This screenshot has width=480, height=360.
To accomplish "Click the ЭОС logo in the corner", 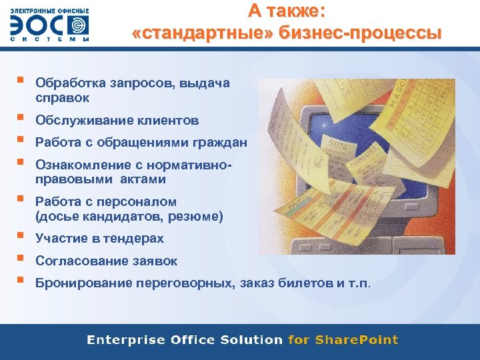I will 49,26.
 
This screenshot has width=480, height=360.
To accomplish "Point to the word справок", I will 61,98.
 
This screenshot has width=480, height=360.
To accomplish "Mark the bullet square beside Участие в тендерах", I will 21,235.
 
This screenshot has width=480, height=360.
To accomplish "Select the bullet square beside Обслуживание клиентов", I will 21,117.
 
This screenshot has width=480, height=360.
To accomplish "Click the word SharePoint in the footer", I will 356,340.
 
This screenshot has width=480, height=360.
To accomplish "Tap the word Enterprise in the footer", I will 125,340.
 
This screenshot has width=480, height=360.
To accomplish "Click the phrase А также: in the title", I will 287,11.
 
